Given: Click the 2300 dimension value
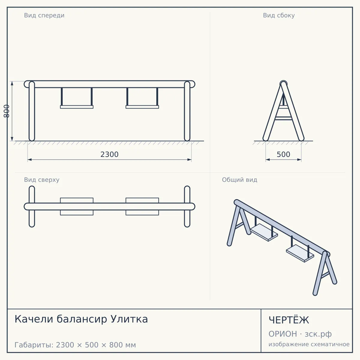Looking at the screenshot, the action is tap(109, 154).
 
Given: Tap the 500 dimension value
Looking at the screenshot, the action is tap(283, 154).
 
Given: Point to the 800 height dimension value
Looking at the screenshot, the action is tap(7, 111).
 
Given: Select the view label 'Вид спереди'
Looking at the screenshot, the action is tap(44, 15).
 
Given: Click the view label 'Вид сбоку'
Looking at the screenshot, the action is tap(279, 15).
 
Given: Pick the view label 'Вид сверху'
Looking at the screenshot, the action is tap(42, 180).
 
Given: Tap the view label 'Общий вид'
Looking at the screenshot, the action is tap(239, 180).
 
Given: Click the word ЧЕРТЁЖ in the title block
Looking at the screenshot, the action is tap(289, 320).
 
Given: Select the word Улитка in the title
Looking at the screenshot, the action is tap(129, 319).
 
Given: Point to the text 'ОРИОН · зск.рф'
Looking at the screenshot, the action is tap(300, 334).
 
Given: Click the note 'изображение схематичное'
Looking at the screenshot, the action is tap(309, 344).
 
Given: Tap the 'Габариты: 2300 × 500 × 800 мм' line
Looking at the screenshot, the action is tap(75, 345).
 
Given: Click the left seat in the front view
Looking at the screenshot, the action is tap(76, 107).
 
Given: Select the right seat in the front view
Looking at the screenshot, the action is tap(142, 107).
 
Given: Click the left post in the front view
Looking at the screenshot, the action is tap(32, 111).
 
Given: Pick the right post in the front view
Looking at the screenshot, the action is tap(187, 111).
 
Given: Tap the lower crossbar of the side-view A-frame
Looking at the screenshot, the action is tap(283, 118).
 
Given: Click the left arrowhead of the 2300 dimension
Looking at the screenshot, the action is tap(29, 160).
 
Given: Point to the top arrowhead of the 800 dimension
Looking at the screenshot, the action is tap(12, 83).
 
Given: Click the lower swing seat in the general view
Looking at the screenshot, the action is tap(300, 253).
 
